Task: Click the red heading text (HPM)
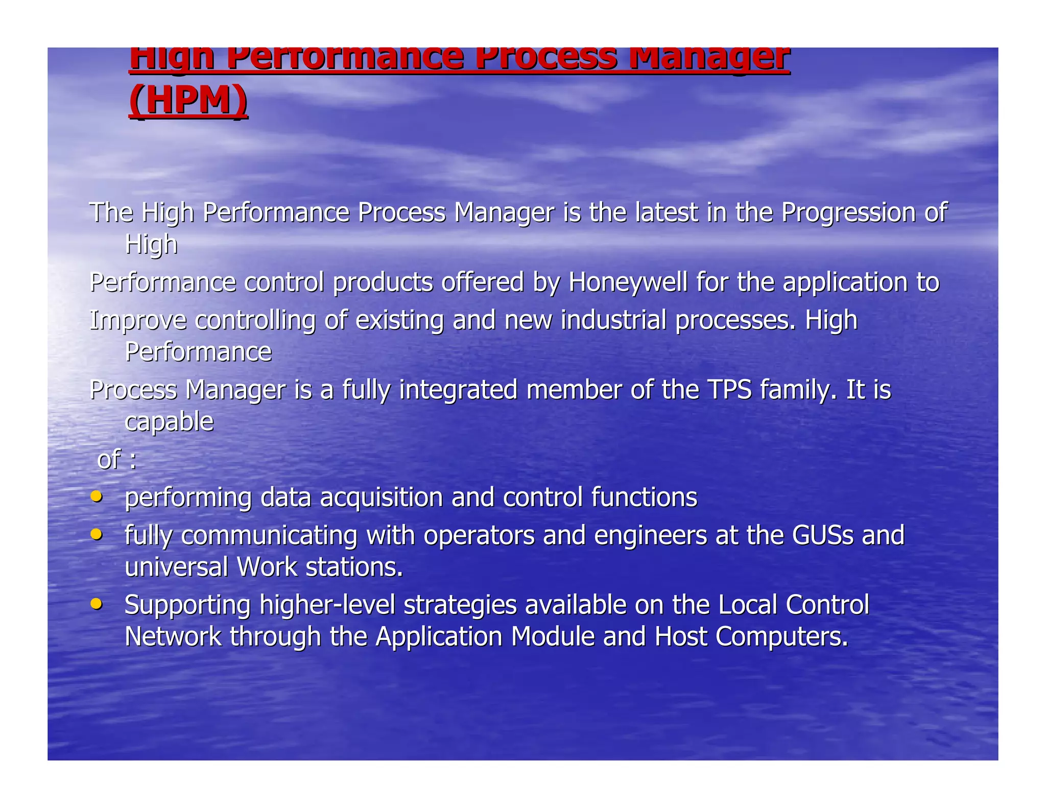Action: pos(188,100)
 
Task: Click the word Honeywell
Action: pos(628,282)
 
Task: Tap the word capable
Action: pos(169,422)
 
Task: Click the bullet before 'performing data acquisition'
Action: pos(96,496)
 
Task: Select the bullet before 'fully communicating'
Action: pos(96,534)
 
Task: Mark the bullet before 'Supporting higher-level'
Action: pos(96,604)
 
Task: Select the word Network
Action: pos(173,637)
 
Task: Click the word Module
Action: pos(552,637)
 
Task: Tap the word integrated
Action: pos(458,390)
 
